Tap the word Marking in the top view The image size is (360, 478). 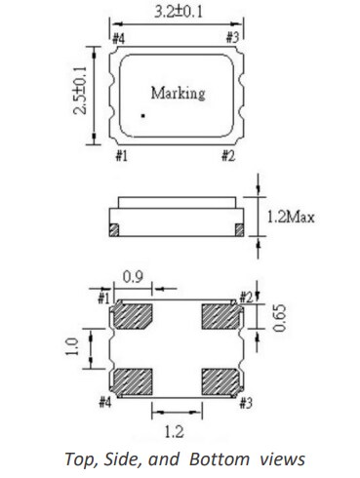click(178, 94)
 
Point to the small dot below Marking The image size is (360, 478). click(141, 116)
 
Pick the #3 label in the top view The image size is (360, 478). click(232, 38)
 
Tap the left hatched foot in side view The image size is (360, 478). click(114, 229)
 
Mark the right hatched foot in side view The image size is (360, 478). click(238, 229)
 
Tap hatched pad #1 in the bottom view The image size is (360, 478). click(132, 317)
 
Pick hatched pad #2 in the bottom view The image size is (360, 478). click(219, 317)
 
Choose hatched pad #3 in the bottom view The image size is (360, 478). click(219, 380)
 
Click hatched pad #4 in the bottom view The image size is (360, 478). click(132, 380)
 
